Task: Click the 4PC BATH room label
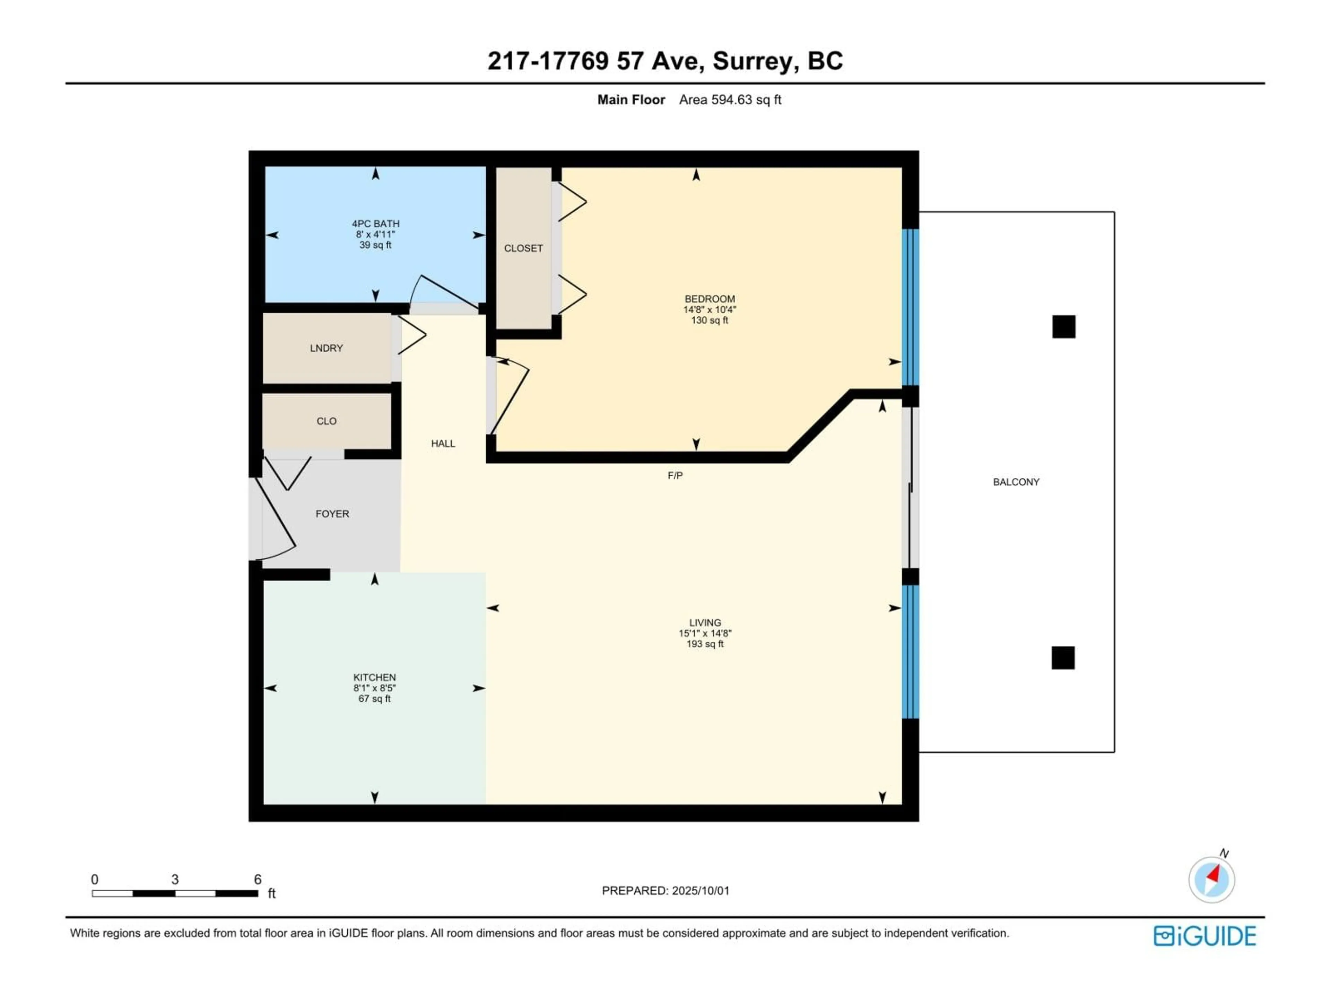tap(375, 224)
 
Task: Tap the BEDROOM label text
tap(710, 299)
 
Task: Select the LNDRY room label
tap(326, 348)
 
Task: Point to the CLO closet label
tap(326, 421)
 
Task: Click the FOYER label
tap(332, 514)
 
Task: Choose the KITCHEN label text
tap(374, 677)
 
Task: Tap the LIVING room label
tap(705, 623)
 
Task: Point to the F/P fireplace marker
tap(675, 475)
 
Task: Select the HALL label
tap(443, 443)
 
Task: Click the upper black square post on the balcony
tap(1063, 327)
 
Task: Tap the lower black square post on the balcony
tap(1063, 657)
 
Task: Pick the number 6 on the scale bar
tap(258, 879)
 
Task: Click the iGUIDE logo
tap(1204, 936)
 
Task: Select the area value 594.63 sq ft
tap(746, 100)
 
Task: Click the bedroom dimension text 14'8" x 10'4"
tap(710, 310)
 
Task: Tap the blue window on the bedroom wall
tap(911, 307)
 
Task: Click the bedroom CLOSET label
tap(523, 248)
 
